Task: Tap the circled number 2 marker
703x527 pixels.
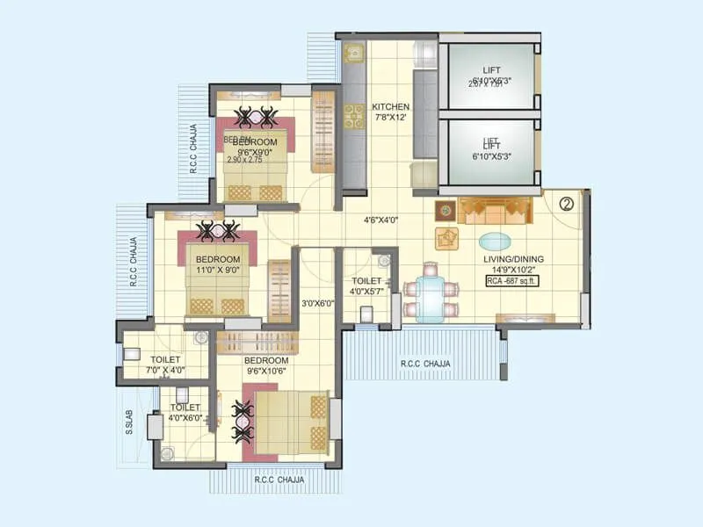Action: pyautogui.click(x=567, y=203)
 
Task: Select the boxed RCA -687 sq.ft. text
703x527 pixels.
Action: pyautogui.click(x=511, y=281)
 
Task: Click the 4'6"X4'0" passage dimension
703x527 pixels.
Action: pyautogui.click(x=381, y=220)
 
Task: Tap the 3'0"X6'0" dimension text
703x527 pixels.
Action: pyautogui.click(x=316, y=304)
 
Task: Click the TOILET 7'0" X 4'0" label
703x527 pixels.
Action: pyautogui.click(x=164, y=365)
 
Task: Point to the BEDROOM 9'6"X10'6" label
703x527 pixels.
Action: pyautogui.click(x=266, y=366)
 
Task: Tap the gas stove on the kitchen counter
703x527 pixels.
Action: pyautogui.click(x=354, y=116)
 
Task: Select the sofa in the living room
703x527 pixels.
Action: pyautogui.click(x=497, y=211)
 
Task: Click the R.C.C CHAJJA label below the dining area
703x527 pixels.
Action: pyautogui.click(x=425, y=364)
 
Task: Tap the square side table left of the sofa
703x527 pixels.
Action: pyautogui.click(x=446, y=211)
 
